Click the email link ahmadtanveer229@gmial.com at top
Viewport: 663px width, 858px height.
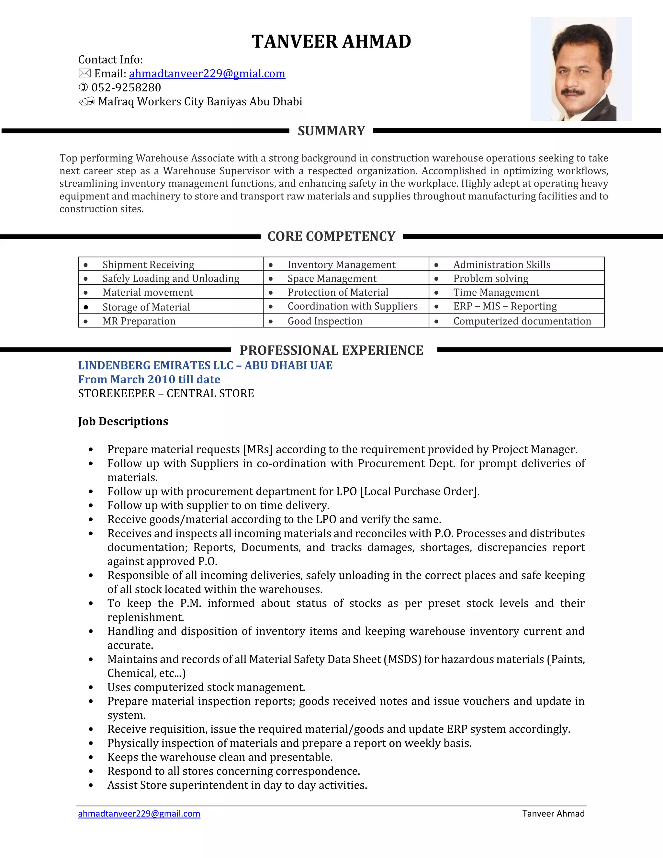tap(207, 73)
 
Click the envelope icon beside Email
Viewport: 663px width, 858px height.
tap(84, 73)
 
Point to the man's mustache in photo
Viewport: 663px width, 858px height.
tap(573, 92)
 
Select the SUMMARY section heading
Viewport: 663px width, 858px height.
tap(331, 131)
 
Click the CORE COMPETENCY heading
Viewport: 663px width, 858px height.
tap(331, 236)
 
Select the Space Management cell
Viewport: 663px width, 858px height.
tap(332, 278)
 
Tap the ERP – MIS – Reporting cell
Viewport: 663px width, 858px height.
tap(505, 306)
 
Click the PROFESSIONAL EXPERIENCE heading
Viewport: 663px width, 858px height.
tap(331, 350)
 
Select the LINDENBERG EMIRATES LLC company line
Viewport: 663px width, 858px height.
tap(205, 365)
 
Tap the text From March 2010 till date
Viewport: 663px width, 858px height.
tap(149, 379)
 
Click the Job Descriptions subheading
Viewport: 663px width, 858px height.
tap(123, 421)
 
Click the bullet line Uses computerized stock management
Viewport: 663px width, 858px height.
tap(206, 687)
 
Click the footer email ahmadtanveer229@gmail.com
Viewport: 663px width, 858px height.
tap(139, 814)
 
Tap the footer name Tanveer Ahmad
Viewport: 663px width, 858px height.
tap(553, 814)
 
